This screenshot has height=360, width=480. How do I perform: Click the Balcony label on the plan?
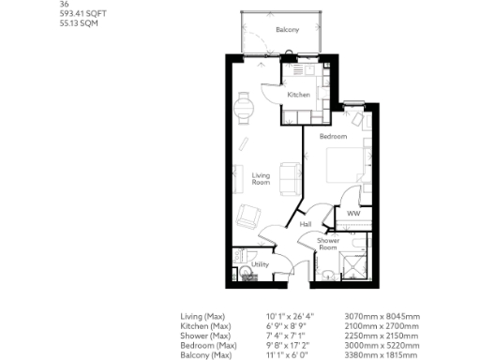pyautogui.click(x=287, y=31)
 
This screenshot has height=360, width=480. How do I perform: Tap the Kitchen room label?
pyautogui.click(x=298, y=95)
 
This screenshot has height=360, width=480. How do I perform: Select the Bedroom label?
pyautogui.click(x=333, y=137)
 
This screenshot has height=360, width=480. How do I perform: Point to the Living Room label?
pyautogui.click(x=261, y=178)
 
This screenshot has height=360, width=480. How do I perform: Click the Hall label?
pyautogui.click(x=305, y=225)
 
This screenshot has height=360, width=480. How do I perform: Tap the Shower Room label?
pyautogui.click(x=327, y=244)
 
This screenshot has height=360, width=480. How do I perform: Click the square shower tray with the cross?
pyautogui.click(x=354, y=265)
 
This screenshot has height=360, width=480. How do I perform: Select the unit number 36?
pyautogui.click(x=63, y=5)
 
